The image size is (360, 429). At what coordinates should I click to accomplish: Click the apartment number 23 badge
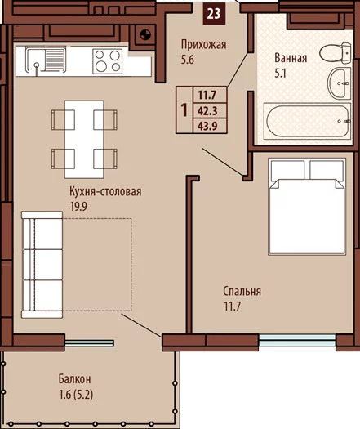point(214,14)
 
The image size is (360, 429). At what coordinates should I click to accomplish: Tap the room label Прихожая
point(203,45)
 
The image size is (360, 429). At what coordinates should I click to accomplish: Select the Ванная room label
point(291,58)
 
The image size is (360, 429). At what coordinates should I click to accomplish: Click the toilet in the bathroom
point(336,52)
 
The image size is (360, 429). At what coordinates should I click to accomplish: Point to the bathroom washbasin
point(340,83)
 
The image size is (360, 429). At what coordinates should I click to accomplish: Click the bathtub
point(307,121)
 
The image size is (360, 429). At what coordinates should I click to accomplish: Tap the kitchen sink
point(46,60)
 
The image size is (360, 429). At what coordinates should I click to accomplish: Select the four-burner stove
point(108,61)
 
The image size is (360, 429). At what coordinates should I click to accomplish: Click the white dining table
point(84,139)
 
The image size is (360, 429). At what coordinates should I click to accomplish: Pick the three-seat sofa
point(42,264)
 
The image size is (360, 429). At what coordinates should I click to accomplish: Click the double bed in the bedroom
point(307,207)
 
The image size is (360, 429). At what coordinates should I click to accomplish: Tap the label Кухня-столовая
point(105,191)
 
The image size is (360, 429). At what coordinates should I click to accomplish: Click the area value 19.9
point(78,207)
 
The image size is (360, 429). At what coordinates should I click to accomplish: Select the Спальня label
point(242,291)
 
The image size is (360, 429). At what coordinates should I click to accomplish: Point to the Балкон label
point(74,379)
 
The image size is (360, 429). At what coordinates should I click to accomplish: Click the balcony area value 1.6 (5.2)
point(76,395)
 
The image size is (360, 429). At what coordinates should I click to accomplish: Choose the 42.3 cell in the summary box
point(207,111)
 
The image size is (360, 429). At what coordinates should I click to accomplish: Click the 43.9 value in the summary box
point(207,126)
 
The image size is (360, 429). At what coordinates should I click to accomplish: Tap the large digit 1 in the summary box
point(184,110)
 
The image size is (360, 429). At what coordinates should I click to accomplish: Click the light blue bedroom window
point(297,341)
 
